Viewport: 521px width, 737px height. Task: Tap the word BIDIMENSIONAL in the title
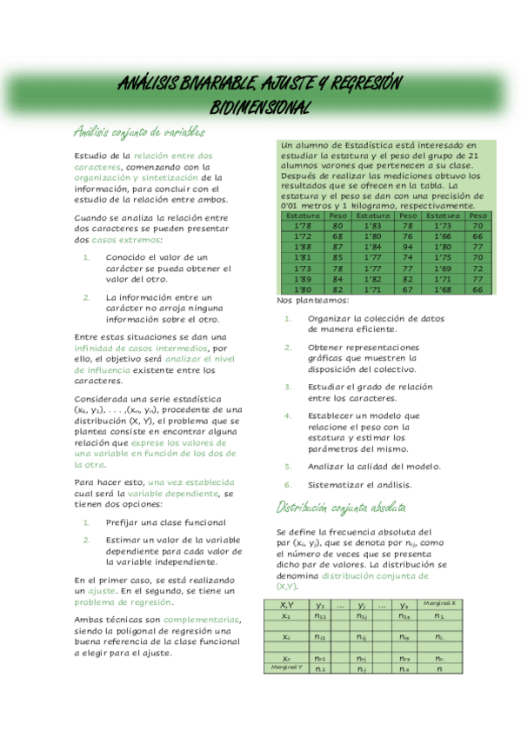pyautogui.click(x=261, y=107)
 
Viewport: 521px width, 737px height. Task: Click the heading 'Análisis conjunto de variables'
pyautogui.click(x=139, y=132)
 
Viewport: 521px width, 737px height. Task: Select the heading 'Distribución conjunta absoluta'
pyautogui.click(x=340, y=507)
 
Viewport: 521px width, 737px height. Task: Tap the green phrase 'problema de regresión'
pyautogui.click(x=123, y=601)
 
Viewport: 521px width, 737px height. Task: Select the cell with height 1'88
pyautogui.click(x=303, y=247)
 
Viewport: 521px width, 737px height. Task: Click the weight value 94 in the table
pyautogui.click(x=407, y=247)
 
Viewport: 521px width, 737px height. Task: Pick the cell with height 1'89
pyautogui.click(x=303, y=279)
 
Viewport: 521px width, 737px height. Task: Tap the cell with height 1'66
pyautogui.click(x=444, y=236)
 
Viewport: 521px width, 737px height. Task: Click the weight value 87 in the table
pyautogui.click(x=337, y=247)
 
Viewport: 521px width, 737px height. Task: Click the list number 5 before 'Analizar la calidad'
pyautogui.click(x=287, y=467)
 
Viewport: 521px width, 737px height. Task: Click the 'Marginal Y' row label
pyautogui.click(x=286, y=667)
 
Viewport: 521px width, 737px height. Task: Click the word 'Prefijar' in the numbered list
pyautogui.click(x=124, y=522)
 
